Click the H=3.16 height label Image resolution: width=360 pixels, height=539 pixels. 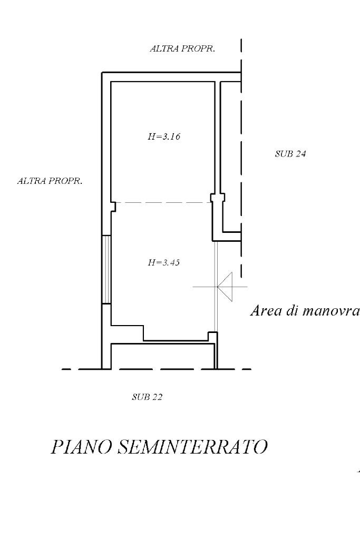point(164,136)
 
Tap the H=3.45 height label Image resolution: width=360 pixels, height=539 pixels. point(164,262)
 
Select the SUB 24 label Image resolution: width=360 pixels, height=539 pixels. point(290,154)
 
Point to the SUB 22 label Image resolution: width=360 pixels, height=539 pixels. point(147,397)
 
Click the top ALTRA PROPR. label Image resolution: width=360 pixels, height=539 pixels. point(182,48)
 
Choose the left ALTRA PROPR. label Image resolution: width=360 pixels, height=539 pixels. point(50,181)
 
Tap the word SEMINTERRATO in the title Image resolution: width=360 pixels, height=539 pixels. point(192,447)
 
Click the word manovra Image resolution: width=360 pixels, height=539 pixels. point(331,311)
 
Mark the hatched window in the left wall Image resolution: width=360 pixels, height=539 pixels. point(106,270)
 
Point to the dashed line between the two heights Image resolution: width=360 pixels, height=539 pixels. point(163,203)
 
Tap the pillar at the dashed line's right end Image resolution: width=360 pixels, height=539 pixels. point(217,198)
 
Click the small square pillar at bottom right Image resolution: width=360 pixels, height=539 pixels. point(213,336)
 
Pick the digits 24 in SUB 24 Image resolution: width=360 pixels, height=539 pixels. point(300,154)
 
